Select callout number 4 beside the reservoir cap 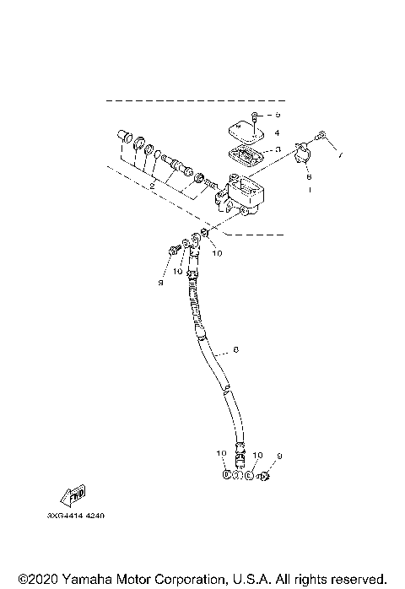point(277,132)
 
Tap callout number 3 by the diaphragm point(277,149)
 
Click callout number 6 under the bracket point(309,177)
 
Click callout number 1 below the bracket point(309,192)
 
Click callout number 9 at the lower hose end point(280,457)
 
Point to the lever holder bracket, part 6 point(304,156)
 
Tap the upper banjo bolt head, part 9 point(172,250)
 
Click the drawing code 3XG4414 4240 point(82,515)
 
